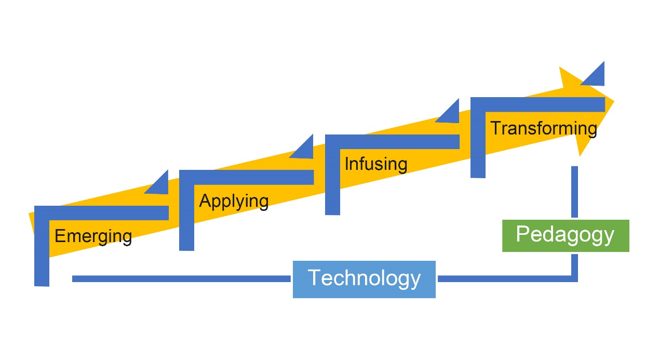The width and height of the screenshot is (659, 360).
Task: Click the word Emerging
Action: pyautogui.click(x=93, y=236)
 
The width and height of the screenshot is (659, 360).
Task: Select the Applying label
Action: pyautogui.click(x=234, y=201)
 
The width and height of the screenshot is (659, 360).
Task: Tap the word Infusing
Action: pyautogui.click(x=376, y=164)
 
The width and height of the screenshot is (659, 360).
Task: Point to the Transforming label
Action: pyautogui.click(x=543, y=128)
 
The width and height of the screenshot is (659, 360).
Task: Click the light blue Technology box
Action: pyautogui.click(x=364, y=279)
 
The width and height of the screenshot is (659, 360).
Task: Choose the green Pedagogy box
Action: pyautogui.click(x=566, y=235)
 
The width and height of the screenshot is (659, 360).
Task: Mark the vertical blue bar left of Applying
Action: pyautogui.click(x=186, y=216)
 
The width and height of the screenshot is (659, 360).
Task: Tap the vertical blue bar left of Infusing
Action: pyautogui.click(x=332, y=179)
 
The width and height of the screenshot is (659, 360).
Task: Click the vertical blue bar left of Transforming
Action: pyautogui.click(x=478, y=143)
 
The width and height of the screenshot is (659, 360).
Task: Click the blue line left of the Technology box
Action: pyautogui.click(x=182, y=279)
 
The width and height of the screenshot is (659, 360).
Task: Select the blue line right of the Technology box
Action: pyautogui.click(x=504, y=279)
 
